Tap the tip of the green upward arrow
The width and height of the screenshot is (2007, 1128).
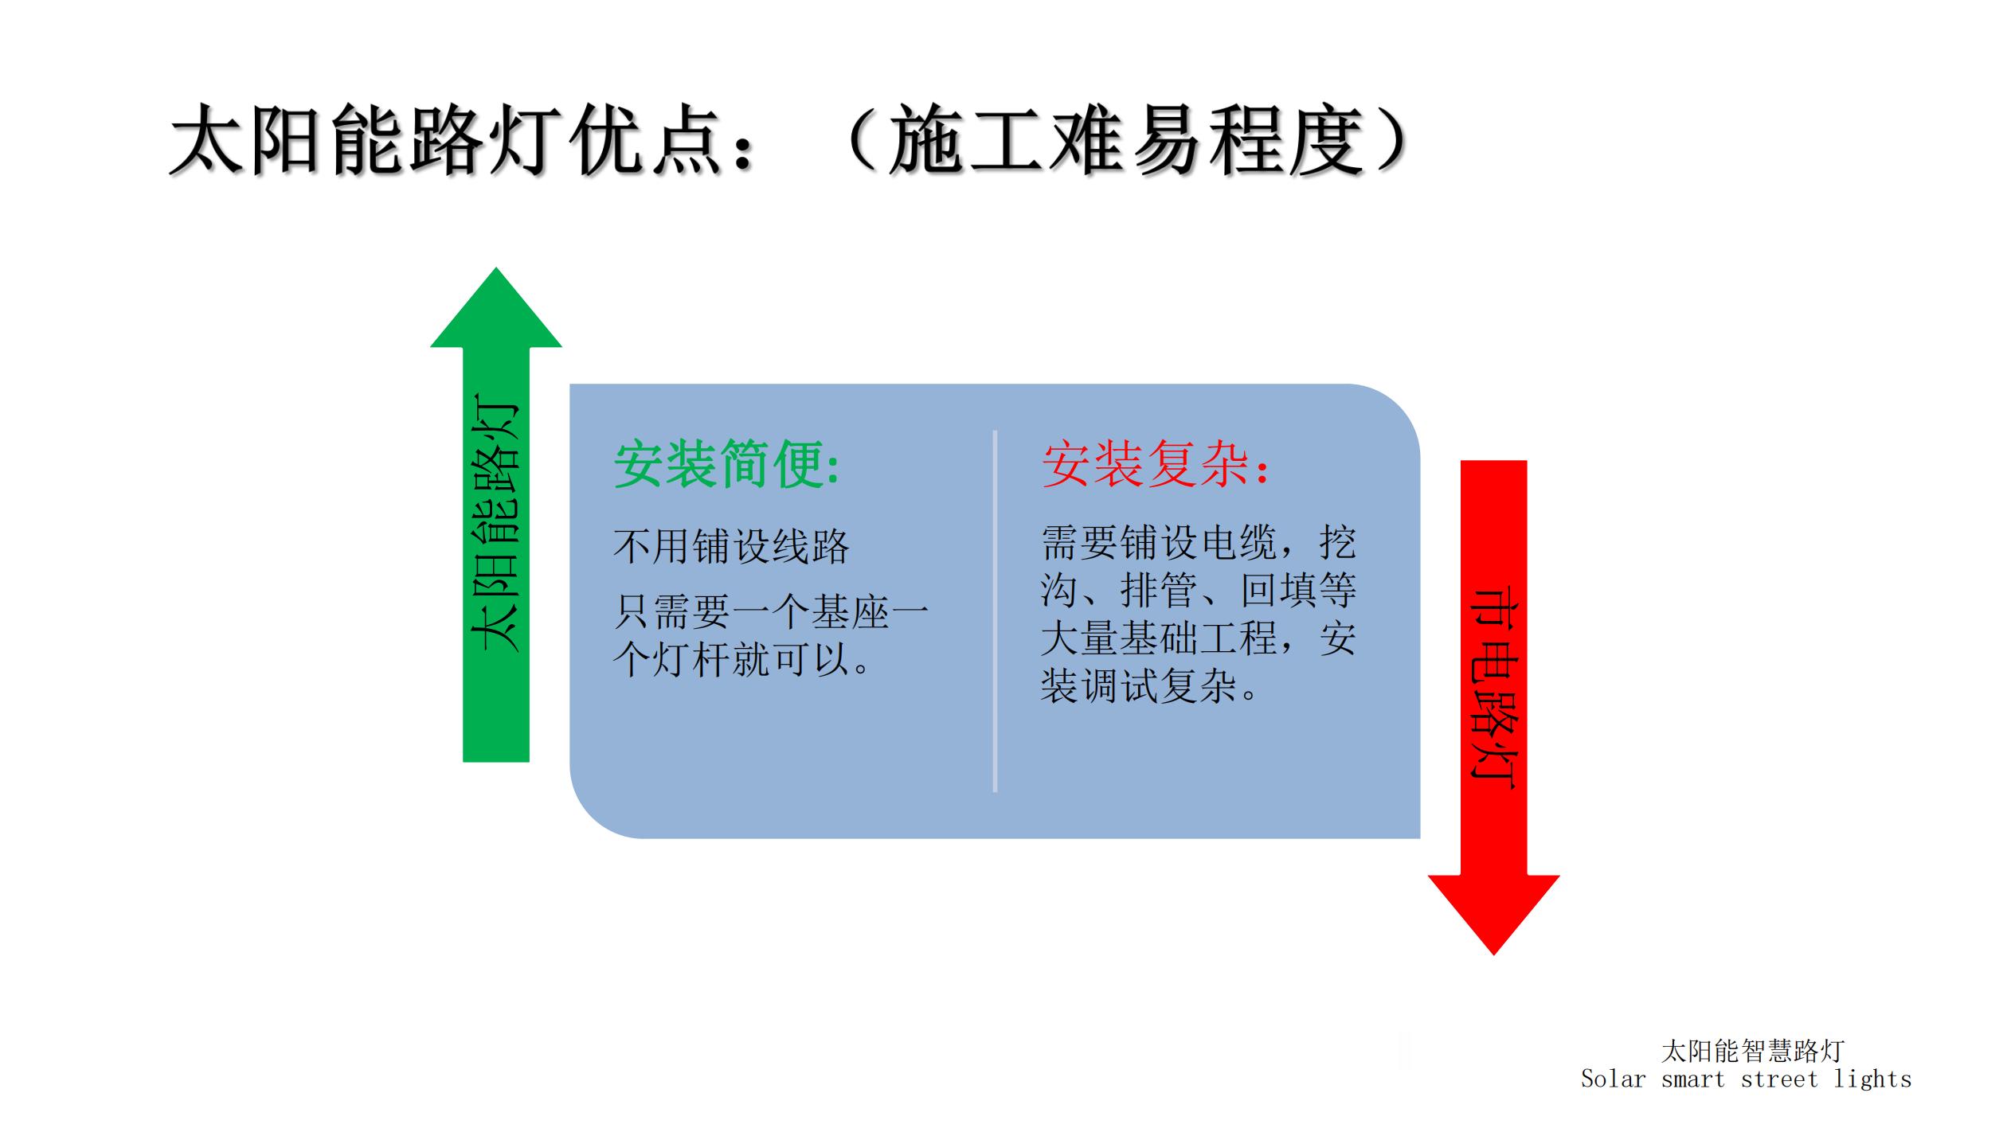pyautogui.click(x=496, y=268)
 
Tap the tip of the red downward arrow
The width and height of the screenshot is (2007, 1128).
pyautogui.click(x=1493, y=954)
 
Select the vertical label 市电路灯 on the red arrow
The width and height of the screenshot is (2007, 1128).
pyautogui.click(x=1493, y=689)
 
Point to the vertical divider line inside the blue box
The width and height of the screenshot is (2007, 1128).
pyautogui.click(x=995, y=611)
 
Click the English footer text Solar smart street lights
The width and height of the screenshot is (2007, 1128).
pyautogui.click(x=1746, y=1079)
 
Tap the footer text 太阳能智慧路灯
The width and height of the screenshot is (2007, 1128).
pyautogui.click(x=1752, y=1051)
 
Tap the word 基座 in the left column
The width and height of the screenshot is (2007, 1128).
pyautogui.click(x=850, y=612)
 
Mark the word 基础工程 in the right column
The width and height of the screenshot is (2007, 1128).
pyautogui.click(x=1199, y=638)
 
